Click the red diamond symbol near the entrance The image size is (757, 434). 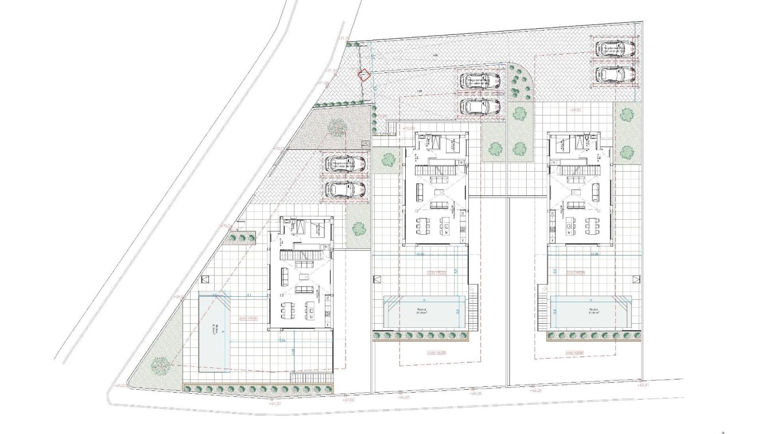pos(363,74)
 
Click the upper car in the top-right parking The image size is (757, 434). pos(614,48)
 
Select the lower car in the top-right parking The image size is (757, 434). pos(614,73)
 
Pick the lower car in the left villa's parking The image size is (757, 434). pos(344,189)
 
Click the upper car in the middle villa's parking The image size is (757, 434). pos(480,81)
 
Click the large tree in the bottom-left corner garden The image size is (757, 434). pos(158,364)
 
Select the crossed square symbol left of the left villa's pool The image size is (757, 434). pos(204,280)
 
